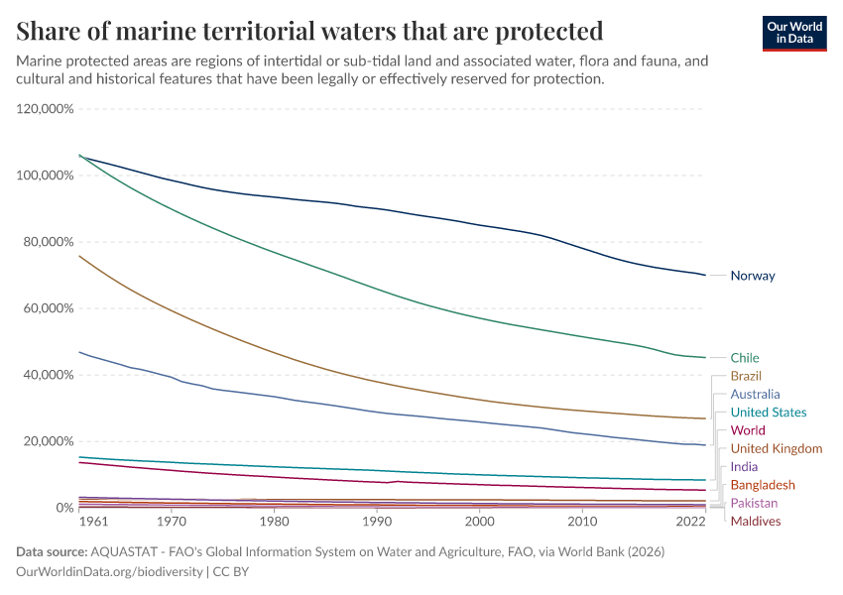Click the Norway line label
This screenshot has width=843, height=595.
[752, 276]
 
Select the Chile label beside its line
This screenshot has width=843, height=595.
[745, 358]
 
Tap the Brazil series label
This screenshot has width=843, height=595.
[746, 376]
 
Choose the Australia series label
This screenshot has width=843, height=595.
[755, 395]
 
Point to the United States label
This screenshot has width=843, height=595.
[768, 413]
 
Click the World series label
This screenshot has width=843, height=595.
[747, 430]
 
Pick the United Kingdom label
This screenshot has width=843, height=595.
[776, 449]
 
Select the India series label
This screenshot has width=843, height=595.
[744, 467]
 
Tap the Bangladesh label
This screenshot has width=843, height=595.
[762, 485]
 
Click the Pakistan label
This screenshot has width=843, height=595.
[754, 504]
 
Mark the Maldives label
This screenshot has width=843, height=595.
[755, 522]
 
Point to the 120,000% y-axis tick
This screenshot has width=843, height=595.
[46, 109]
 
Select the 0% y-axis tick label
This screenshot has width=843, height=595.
[63, 508]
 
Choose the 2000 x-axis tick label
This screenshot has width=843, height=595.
[480, 521]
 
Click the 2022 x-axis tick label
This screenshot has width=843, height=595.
[691, 521]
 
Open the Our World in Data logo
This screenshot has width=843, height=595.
[795, 33]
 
